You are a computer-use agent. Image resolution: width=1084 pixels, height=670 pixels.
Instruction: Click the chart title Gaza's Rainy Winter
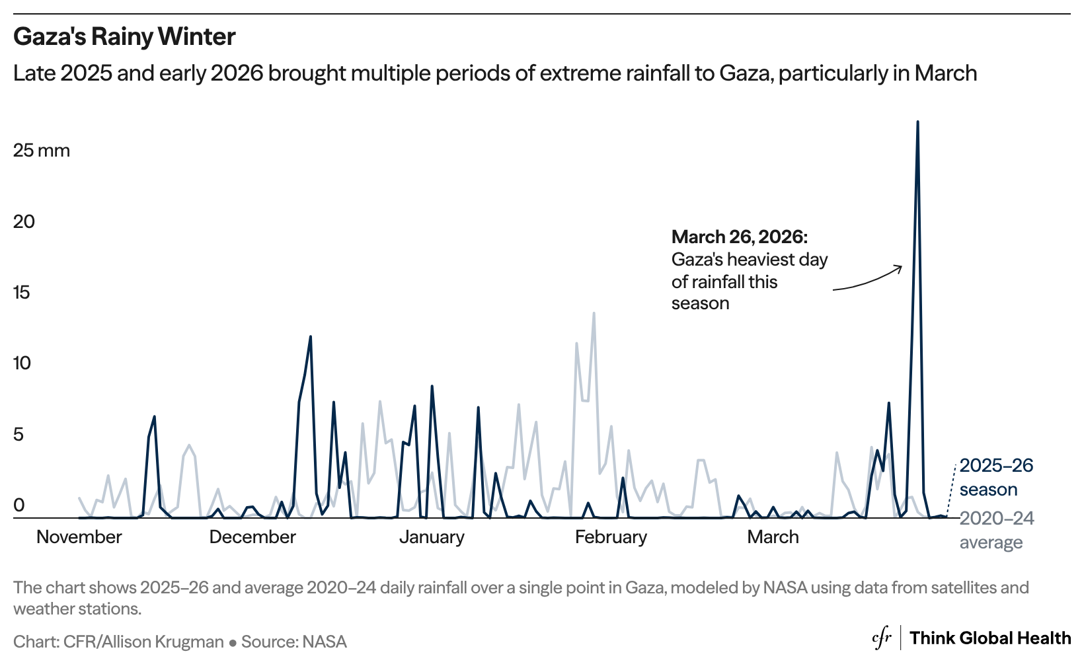[124, 37]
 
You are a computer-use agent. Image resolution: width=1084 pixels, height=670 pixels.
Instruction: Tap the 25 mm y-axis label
[41, 151]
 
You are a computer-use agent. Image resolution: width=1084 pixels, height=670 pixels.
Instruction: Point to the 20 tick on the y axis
[24, 221]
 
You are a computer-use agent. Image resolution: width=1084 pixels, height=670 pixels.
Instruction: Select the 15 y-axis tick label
[22, 293]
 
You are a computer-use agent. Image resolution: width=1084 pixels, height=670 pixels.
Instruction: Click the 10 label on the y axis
[22, 363]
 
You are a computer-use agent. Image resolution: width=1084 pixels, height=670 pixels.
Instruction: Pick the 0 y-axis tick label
[19, 505]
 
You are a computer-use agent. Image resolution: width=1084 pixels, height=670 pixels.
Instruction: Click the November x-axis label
[79, 537]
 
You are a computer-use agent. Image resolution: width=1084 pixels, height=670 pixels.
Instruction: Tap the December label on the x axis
[252, 537]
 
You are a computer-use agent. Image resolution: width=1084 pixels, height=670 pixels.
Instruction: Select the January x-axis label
[432, 537]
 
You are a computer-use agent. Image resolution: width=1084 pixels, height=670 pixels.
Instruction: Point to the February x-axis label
[611, 537]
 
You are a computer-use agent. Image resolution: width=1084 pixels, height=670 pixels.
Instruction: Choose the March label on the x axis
[773, 537]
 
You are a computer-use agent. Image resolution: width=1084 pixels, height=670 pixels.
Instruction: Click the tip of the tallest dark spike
[917, 122]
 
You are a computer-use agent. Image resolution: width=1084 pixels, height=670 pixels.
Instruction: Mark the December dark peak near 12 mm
[310, 337]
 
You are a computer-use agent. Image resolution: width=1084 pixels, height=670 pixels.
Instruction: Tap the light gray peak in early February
[594, 313]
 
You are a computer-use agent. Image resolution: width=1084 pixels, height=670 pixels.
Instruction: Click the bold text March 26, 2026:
[739, 237]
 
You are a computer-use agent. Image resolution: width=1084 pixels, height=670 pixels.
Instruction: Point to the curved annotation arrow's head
[901, 266]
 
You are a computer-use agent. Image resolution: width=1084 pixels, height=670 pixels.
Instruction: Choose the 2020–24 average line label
[996, 530]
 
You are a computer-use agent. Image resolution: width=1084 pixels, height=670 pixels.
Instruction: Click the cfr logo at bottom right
[882, 638]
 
